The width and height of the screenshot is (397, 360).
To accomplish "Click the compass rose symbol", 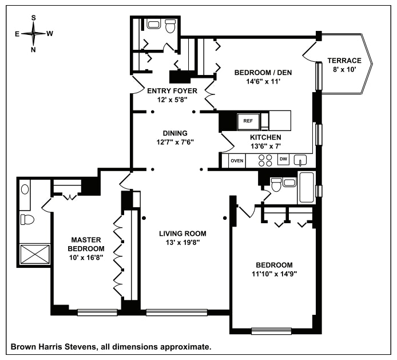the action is (34, 33).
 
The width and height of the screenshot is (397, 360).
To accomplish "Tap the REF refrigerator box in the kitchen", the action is (248, 121).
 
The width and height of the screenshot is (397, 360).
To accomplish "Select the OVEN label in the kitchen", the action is (237, 161).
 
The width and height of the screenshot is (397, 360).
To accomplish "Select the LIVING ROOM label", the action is (182, 234).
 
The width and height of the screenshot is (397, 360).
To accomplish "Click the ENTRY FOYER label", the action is (172, 90).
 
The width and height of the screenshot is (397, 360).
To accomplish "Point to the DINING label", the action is (175, 133).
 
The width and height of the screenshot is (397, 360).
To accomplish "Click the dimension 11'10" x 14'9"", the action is (274, 274).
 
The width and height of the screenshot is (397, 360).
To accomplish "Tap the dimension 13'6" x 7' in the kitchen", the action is (265, 147).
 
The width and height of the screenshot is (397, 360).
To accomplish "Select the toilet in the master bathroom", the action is (27, 219).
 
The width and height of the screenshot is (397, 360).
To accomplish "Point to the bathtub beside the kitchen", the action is (306, 186).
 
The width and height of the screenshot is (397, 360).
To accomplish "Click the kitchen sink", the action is (304, 161).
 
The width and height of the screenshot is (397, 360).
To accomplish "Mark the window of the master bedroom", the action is (97, 312).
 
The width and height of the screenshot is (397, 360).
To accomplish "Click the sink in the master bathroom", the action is (25, 189).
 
